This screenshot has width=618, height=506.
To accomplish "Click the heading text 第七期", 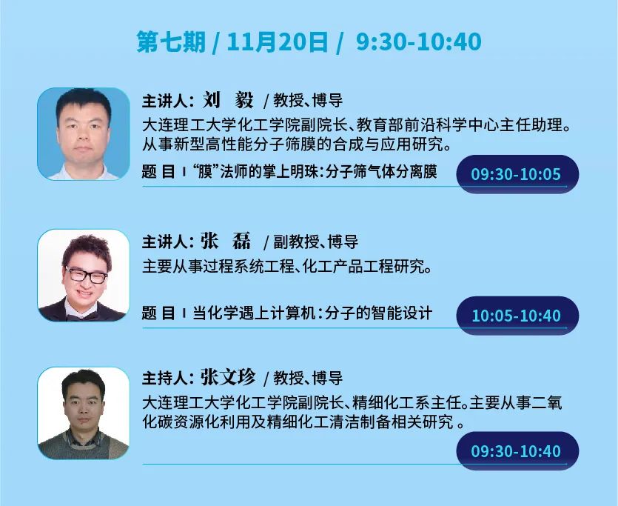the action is tap(171, 41).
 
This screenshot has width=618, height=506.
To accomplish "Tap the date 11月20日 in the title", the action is tap(278, 41).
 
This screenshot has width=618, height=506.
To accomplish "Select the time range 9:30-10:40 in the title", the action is tap(419, 41).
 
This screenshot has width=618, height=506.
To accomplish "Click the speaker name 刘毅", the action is tap(228, 100).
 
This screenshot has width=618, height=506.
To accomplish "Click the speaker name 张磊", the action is tap(226, 241).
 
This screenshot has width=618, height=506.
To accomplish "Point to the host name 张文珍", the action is tap(228, 377).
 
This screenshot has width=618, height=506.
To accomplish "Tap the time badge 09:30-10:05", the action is tap(517, 174).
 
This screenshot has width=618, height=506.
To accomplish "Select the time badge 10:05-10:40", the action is tap(517, 316).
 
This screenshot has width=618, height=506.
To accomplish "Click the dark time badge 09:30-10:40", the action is tap(517, 450).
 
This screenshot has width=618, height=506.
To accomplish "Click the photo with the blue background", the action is tap(83, 133).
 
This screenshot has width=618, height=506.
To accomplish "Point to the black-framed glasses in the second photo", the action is tap(86, 275).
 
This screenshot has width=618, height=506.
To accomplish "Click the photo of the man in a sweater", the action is tap(83, 413).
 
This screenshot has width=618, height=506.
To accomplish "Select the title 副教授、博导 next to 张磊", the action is tap(316, 242).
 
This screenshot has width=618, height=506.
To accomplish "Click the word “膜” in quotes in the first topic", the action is tap(205, 172).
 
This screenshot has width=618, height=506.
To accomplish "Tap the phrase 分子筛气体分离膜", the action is tap(381, 172).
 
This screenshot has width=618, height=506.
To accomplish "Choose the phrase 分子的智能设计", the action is tap(379, 313).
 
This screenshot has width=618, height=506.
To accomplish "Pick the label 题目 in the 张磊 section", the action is tap(158, 313).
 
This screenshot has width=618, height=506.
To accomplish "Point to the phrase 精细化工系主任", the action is tap(406, 403).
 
